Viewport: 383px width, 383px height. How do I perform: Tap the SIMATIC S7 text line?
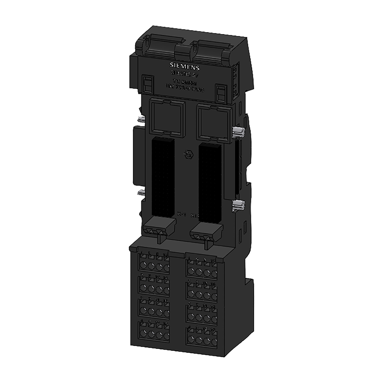coord(185,74)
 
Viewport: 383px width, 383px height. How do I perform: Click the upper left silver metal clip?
coord(141,120)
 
